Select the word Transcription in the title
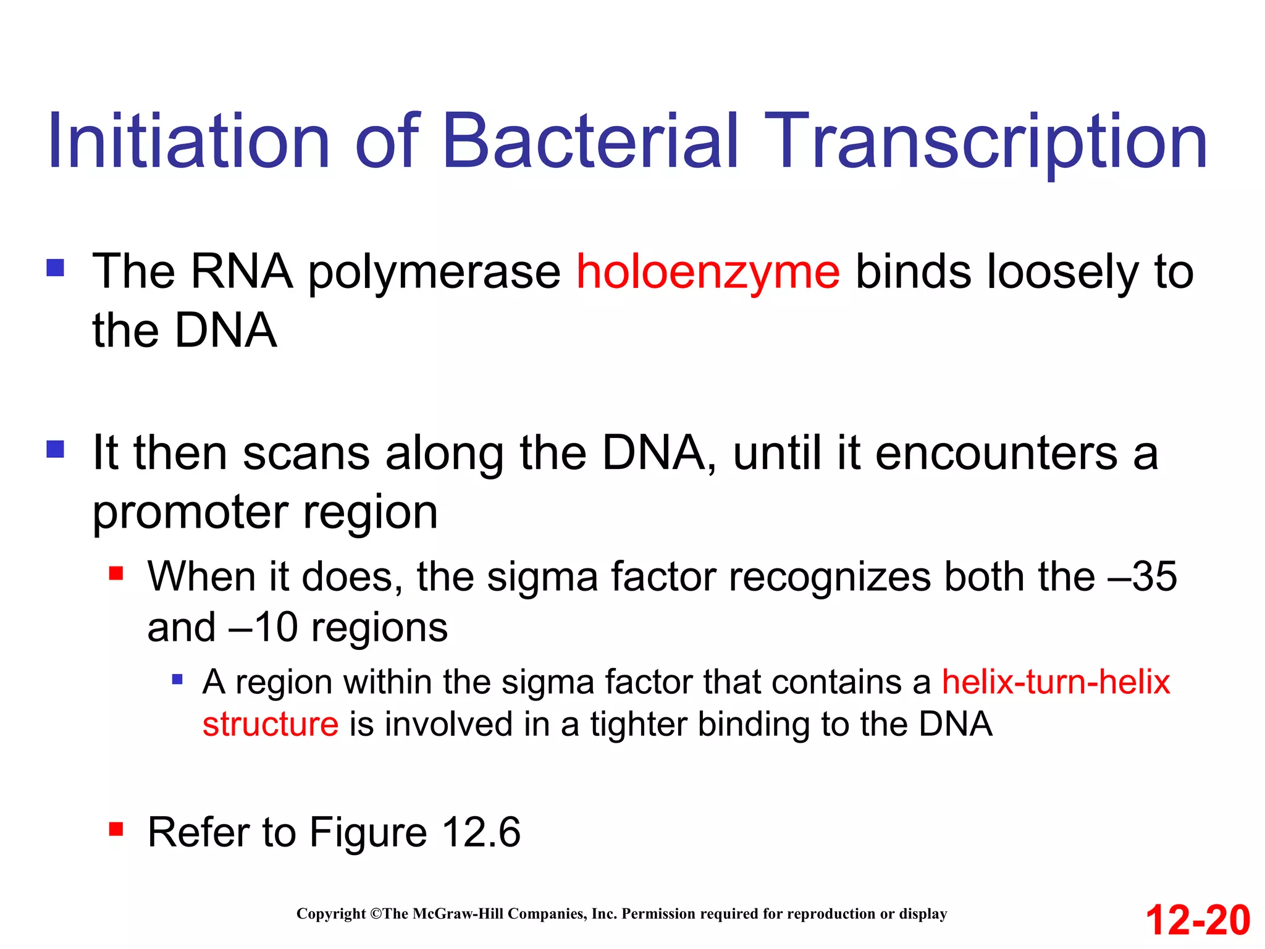point(988,142)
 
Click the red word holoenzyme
point(708,272)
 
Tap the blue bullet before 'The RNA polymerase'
point(56,268)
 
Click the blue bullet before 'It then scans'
point(56,449)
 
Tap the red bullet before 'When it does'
point(116,574)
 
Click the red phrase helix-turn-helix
point(1056,683)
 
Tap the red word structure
point(271,724)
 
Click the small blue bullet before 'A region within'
point(177,680)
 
